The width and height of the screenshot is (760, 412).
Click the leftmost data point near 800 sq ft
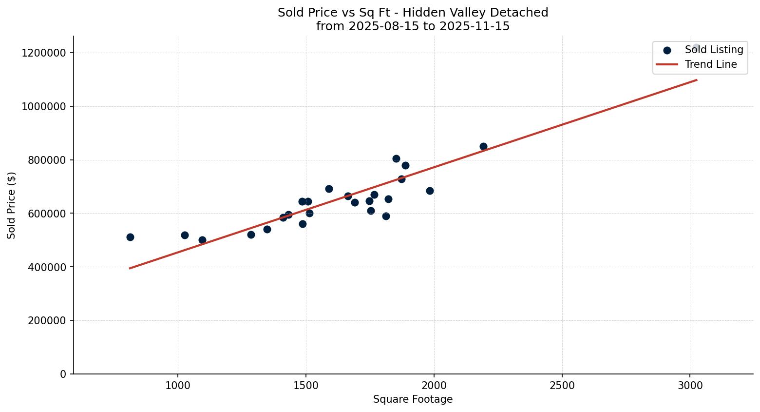point(130,237)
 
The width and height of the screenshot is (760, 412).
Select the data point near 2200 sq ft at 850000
point(483,146)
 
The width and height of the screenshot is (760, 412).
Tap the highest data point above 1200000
point(696,48)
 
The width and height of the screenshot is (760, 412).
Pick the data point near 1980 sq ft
point(430,191)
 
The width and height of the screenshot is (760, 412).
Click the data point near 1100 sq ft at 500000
point(202,240)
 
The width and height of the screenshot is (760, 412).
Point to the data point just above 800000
point(396,158)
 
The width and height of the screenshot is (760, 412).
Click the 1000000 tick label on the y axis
point(44,106)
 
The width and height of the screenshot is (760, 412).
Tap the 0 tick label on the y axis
point(63,374)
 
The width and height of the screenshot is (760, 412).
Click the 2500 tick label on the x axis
point(562,386)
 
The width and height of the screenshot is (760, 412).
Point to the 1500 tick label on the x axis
point(306,386)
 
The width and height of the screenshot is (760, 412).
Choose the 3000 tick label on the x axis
point(690,386)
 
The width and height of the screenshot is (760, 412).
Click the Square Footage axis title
point(413,400)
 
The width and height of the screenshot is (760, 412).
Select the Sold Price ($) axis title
point(12,205)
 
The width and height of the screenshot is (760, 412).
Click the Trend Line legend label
point(711,64)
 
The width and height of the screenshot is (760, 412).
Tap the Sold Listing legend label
point(714,50)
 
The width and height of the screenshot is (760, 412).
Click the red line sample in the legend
point(667,64)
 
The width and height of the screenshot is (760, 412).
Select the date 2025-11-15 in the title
point(475,26)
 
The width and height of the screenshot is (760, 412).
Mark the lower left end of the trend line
point(130,268)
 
